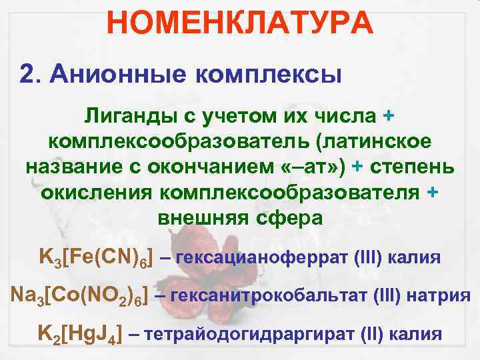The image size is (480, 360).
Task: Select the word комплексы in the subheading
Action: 268,75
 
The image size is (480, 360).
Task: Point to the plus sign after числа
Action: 389,116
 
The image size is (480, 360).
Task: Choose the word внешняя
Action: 203,217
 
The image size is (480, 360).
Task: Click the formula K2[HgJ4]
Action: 78,333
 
